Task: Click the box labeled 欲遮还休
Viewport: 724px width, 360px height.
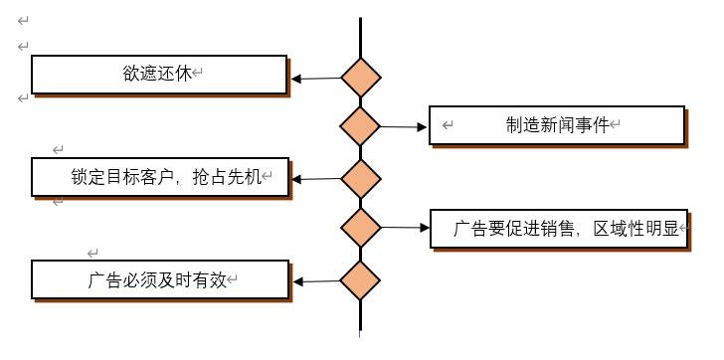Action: click(x=158, y=75)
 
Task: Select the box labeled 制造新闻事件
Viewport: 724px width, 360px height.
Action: click(x=557, y=125)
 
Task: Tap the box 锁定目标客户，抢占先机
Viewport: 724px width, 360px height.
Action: click(x=158, y=176)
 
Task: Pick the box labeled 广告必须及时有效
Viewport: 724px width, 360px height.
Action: click(x=158, y=279)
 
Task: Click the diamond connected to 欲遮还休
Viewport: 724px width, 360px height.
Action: click(x=360, y=78)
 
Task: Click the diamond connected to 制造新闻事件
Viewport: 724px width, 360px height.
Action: click(x=360, y=126)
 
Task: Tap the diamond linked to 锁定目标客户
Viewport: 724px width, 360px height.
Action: click(x=360, y=179)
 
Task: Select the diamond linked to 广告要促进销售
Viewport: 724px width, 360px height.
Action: click(x=360, y=228)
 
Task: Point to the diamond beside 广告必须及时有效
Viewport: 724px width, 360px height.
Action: click(x=360, y=280)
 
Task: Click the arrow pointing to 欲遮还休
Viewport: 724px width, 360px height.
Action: click(x=315, y=79)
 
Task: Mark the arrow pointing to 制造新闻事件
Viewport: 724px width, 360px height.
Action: click(x=403, y=126)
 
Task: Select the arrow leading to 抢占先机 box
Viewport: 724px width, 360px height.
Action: click(x=315, y=179)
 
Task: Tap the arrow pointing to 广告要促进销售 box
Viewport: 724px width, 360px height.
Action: click(x=403, y=228)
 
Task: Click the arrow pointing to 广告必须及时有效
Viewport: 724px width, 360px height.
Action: click(x=315, y=281)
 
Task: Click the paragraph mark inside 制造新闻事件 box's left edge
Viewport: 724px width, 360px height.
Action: click(x=448, y=125)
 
